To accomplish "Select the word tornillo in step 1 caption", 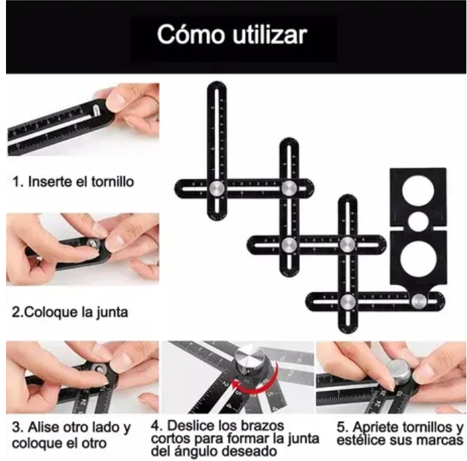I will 110,181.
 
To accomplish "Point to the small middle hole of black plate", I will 418,220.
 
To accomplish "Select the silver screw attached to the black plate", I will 418,302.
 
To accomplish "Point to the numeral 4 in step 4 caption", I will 154,426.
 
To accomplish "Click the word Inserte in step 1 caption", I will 48,181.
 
